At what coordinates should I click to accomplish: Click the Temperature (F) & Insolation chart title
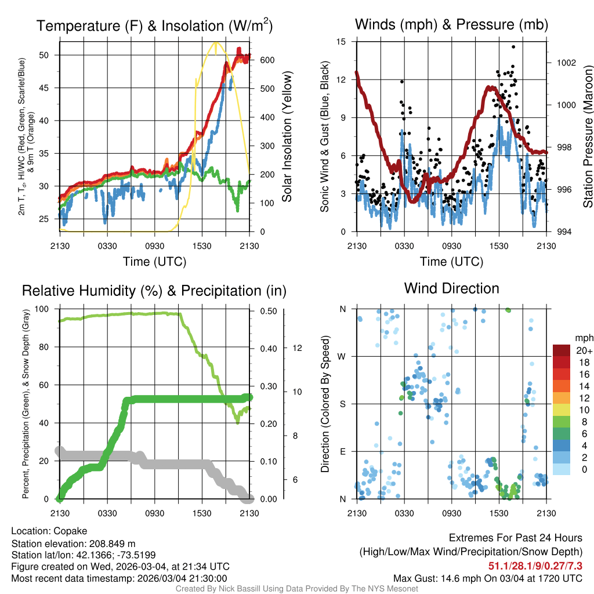pyautogui.click(x=154, y=26)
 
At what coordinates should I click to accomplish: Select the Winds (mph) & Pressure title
pyautogui.click(x=451, y=24)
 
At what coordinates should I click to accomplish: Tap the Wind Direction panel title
pyautogui.click(x=451, y=288)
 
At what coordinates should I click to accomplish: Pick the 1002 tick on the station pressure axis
pyautogui.click(x=566, y=63)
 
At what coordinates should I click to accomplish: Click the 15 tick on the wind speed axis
pyautogui.click(x=342, y=42)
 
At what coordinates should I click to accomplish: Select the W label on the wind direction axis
pyautogui.click(x=342, y=356)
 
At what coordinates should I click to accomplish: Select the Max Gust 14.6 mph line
pyautogui.click(x=487, y=578)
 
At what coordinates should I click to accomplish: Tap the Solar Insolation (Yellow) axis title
pyautogui.click(x=287, y=137)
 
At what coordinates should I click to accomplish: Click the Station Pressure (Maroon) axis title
pyautogui.click(x=587, y=137)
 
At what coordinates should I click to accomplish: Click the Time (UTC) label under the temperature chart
pyautogui.click(x=154, y=262)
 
